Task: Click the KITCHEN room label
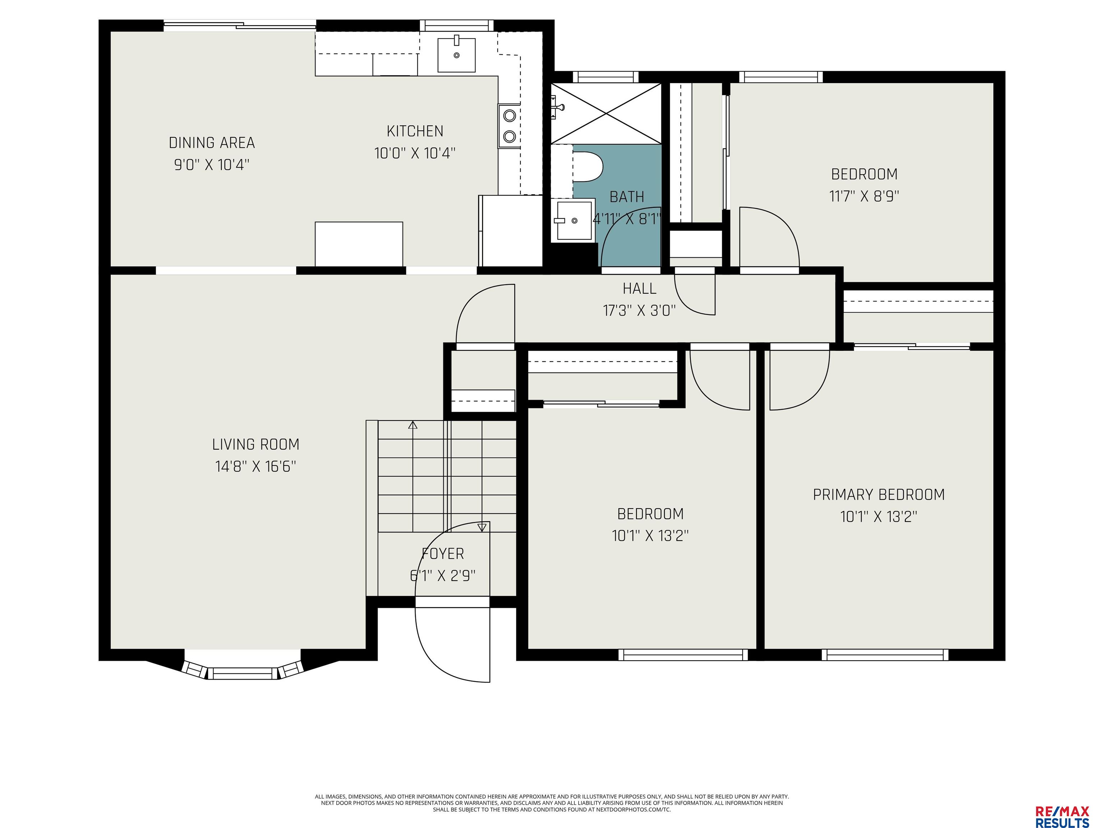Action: coord(415,131)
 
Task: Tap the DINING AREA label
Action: coord(212,143)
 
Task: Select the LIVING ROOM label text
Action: coord(256,444)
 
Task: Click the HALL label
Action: coord(639,289)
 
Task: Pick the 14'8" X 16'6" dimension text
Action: coord(256,466)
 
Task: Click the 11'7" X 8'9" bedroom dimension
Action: coord(864,196)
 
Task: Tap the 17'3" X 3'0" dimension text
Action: coord(639,310)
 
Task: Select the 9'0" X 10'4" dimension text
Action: coord(212,165)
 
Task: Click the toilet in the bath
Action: coord(588,167)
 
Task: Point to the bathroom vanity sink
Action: coord(574,220)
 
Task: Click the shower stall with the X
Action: coord(606,114)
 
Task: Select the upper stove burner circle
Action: coord(509,116)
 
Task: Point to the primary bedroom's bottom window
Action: coord(885,654)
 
